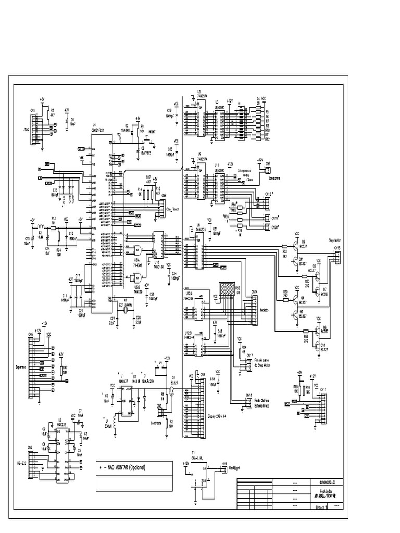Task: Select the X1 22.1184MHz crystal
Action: click(x=126, y=310)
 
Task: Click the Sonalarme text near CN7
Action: click(x=275, y=178)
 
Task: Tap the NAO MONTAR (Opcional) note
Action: click(x=125, y=467)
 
